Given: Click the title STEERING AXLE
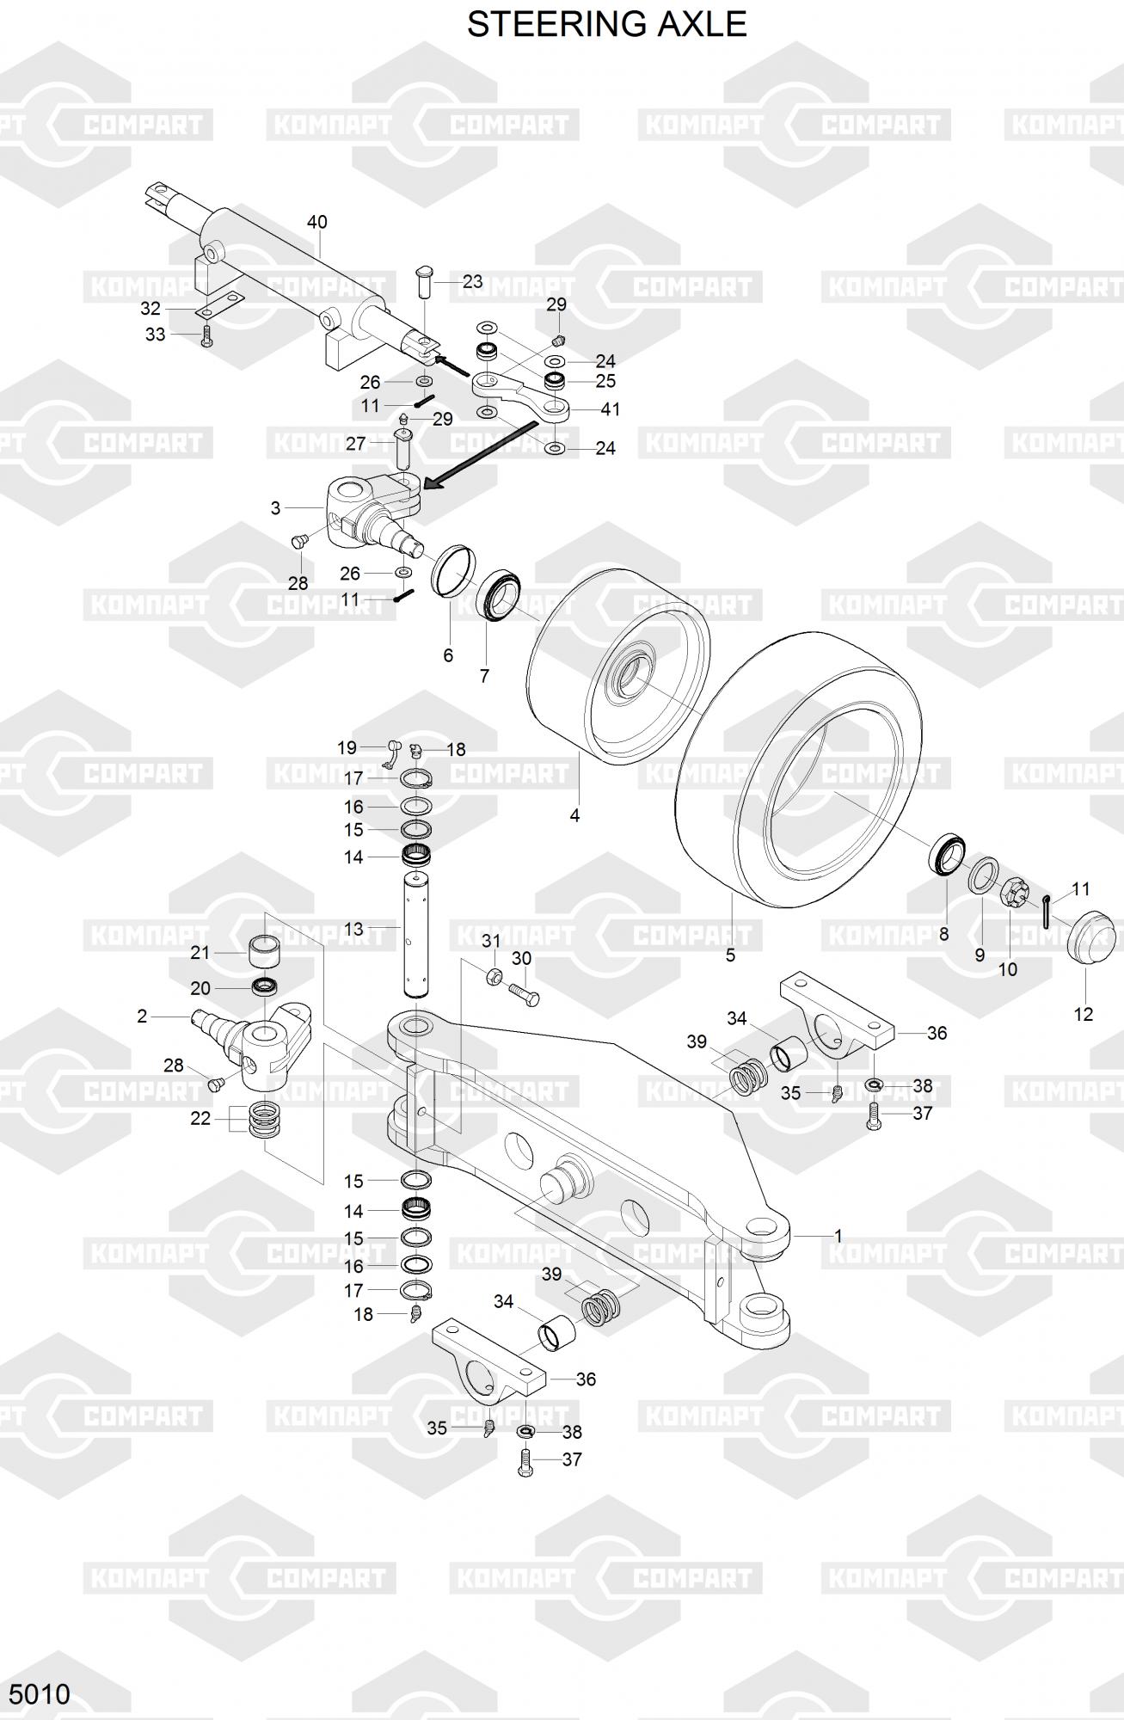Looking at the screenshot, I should [x=606, y=24].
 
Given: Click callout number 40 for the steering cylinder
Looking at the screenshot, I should [x=316, y=222].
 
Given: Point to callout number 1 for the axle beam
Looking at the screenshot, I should [x=838, y=1236].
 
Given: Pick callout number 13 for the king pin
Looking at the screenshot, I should [x=353, y=929].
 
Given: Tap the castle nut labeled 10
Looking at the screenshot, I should [x=1012, y=894].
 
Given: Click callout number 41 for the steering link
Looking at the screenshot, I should [x=610, y=409].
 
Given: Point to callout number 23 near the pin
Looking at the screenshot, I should [x=472, y=281].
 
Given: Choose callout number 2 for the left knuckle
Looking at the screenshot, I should [x=142, y=1016].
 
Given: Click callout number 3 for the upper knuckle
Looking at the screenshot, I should [x=275, y=508].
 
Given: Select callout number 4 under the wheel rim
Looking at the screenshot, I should [x=574, y=814].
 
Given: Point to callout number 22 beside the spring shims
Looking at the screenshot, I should [x=200, y=1117].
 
